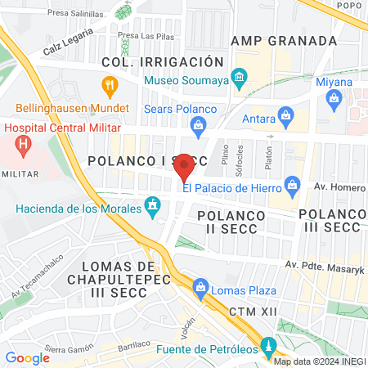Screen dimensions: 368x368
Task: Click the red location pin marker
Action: pyautogui.click(x=185, y=167)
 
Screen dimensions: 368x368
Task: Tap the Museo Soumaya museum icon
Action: pyautogui.click(x=239, y=80)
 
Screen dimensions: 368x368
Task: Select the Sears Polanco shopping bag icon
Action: pyautogui.click(x=197, y=125)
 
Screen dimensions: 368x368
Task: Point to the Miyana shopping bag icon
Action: pyautogui.click(x=334, y=100)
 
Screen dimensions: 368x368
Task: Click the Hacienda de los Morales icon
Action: pyautogui.click(x=151, y=206)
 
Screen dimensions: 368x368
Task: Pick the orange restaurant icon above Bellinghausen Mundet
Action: pyautogui.click(x=109, y=84)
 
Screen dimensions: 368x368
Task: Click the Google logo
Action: pyautogui.click(x=27, y=357)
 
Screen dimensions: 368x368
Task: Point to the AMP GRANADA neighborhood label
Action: pyautogui.click(x=284, y=41)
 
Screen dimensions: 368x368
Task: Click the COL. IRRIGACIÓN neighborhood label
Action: pyautogui.click(x=162, y=62)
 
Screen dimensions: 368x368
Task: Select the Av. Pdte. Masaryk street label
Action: pyautogui.click(x=323, y=264)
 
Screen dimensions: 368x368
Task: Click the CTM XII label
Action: pyautogui.click(x=249, y=312)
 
